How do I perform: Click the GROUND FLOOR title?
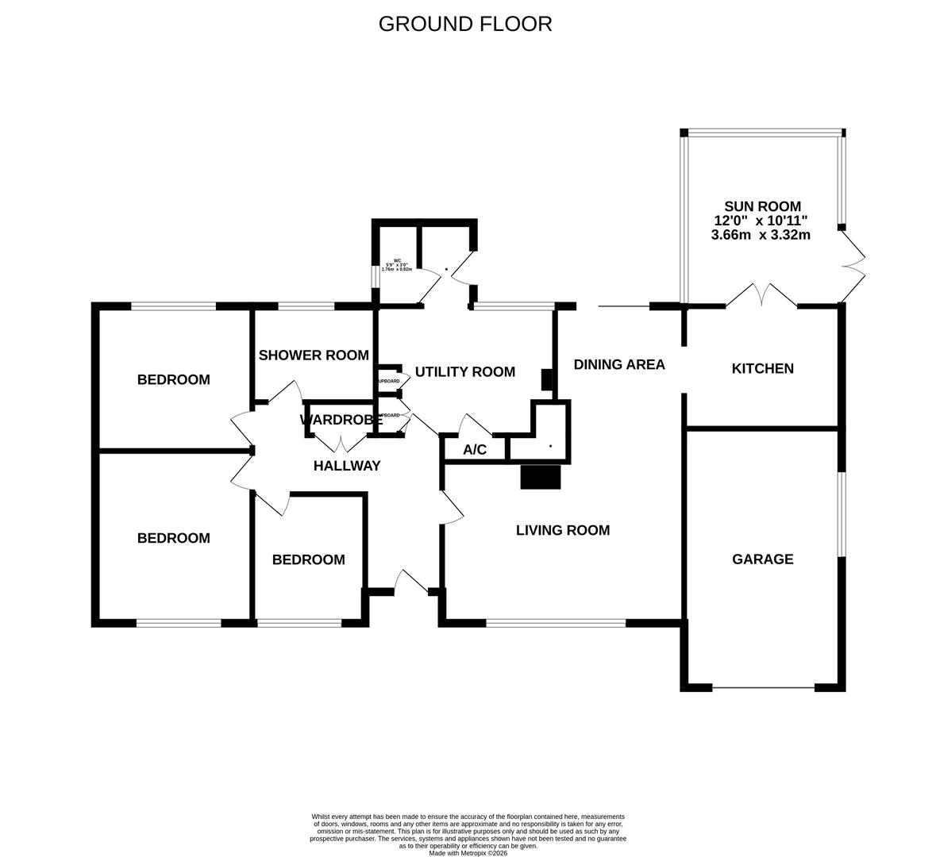click(465, 24)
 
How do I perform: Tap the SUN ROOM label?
click(761, 206)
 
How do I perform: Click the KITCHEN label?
click(762, 369)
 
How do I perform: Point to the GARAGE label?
click(762, 559)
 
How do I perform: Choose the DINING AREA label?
click(619, 365)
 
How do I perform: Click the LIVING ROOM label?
click(563, 530)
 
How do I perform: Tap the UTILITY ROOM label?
click(464, 371)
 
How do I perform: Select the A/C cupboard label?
click(475, 450)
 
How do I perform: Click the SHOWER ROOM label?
click(314, 355)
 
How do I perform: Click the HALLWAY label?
click(347, 466)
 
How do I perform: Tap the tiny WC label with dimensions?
click(397, 265)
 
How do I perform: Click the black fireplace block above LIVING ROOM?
click(541, 477)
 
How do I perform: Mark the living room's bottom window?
click(556, 623)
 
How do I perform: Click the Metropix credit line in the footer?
click(468, 853)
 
